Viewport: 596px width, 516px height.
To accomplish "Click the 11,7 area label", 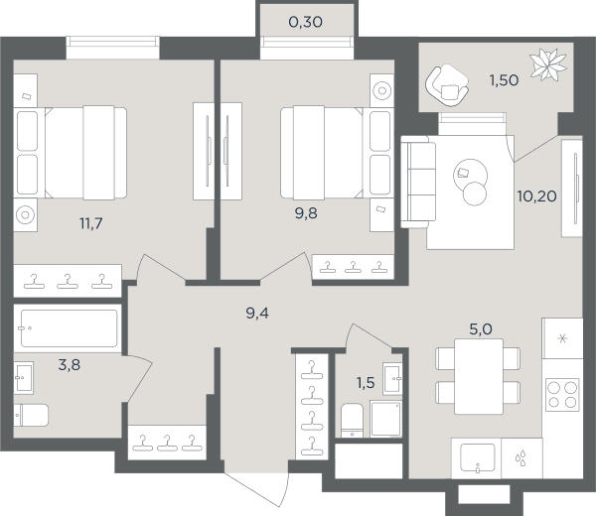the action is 91,223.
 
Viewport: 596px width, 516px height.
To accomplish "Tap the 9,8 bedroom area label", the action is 306,213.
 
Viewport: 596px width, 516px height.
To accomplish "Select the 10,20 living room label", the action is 536,196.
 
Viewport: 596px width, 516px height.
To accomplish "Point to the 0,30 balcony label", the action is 306,22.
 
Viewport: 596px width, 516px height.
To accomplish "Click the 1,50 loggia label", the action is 504,80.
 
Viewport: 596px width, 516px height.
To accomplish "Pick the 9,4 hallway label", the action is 257,314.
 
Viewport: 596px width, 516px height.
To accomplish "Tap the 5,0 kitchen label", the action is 481,328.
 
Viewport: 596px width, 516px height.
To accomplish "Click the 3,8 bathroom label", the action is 70,365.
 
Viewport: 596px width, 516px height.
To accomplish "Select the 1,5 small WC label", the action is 366,383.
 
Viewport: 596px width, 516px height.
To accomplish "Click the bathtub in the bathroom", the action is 68,328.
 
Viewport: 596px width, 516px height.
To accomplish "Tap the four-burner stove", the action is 562,395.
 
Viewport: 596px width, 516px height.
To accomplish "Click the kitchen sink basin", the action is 478,457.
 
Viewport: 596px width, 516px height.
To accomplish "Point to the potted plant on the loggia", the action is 547,64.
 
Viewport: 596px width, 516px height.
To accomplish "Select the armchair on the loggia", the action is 447,85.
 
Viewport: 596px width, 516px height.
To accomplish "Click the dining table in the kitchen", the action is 479,376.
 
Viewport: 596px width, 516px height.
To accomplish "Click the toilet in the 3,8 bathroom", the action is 31,416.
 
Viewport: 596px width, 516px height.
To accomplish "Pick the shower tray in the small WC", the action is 385,419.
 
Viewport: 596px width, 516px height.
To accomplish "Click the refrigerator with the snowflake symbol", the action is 562,338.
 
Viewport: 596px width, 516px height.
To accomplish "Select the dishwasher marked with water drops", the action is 521,458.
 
